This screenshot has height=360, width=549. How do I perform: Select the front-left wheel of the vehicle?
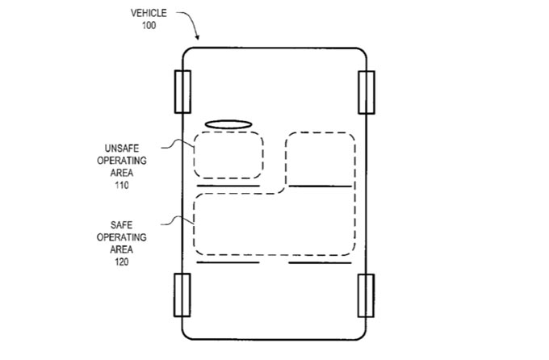coord(182,92)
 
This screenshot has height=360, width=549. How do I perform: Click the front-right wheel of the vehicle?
coord(367,92)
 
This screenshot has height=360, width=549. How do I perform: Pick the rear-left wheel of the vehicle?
coord(182,295)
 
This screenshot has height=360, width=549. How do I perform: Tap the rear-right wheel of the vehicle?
coord(367,295)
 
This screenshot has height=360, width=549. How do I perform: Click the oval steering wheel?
coord(229,124)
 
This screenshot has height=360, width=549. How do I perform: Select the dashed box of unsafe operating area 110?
coord(228,155)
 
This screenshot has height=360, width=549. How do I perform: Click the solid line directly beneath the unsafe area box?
coord(228,186)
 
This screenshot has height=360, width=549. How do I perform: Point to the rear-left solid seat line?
coord(228,262)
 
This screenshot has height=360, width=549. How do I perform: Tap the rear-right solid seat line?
coord(321,262)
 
